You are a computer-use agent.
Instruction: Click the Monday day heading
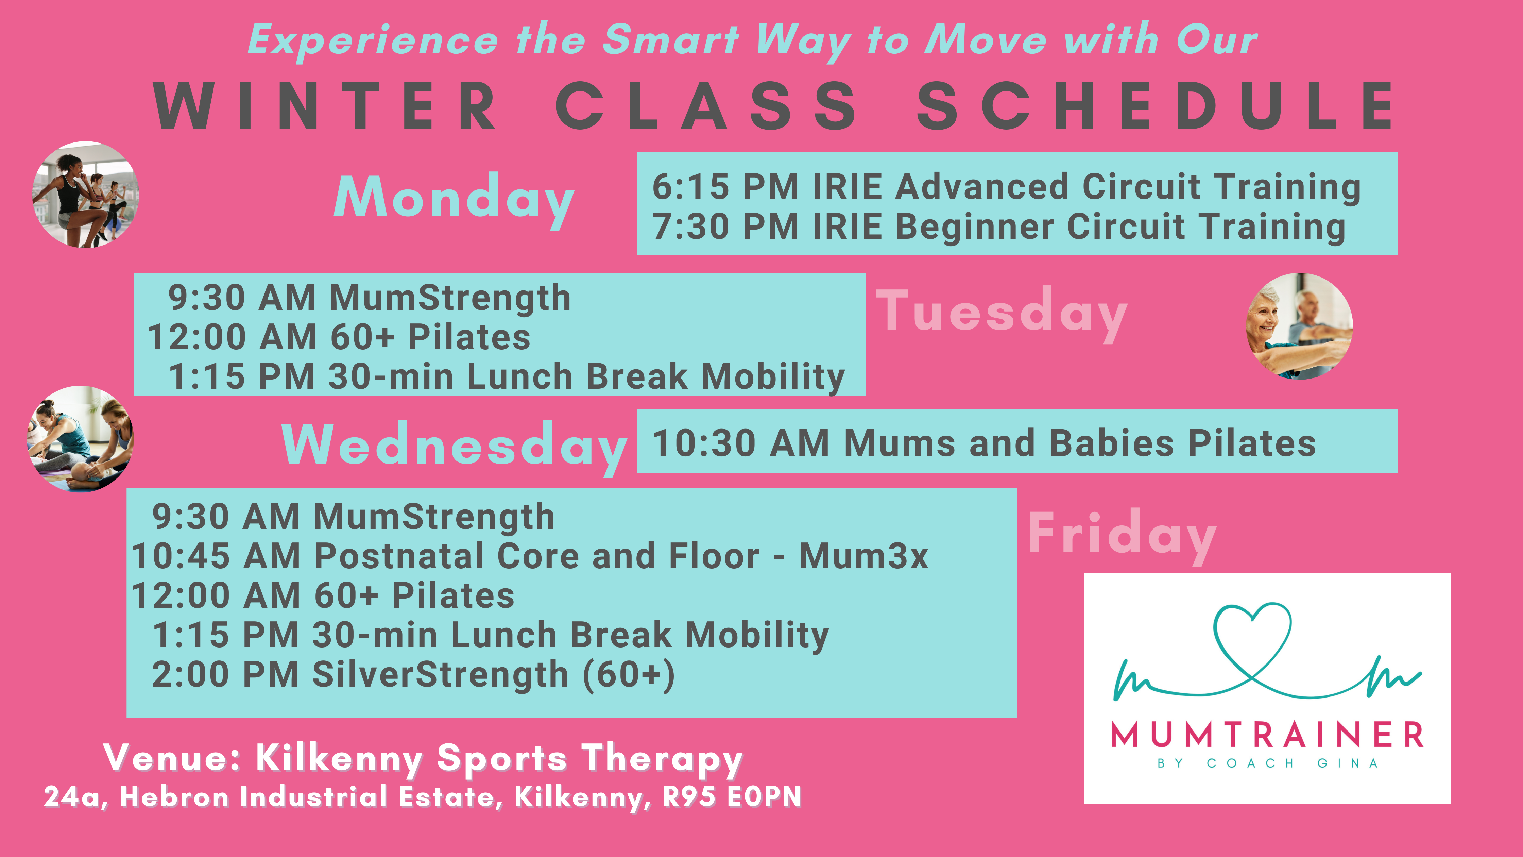[x=454, y=199]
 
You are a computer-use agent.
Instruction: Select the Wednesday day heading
[x=454, y=447]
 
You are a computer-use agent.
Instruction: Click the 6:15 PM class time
[x=725, y=187]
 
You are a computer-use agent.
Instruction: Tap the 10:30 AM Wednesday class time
[x=741, y=443]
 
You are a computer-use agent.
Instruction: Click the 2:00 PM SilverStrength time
[x=225, y=674]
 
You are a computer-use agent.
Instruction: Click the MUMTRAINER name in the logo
[x=1267, y=735]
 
